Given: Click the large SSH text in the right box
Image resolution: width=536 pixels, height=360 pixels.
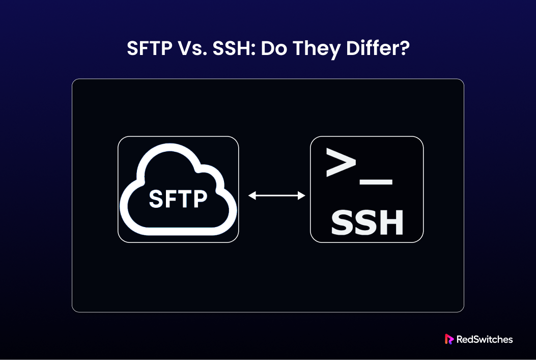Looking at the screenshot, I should point(367,223).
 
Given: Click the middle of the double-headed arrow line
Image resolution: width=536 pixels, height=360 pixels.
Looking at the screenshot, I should point(276,196).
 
